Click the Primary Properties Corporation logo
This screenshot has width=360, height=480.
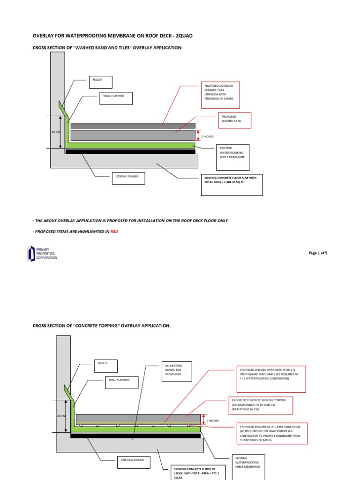[42, 254]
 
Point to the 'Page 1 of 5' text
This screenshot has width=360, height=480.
[318, 253]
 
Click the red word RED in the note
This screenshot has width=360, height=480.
[114, 232]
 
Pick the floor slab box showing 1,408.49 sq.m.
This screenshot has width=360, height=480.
[232, 185]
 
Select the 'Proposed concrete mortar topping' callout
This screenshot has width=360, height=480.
[260, 406]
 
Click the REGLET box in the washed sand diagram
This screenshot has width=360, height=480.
[102, 83]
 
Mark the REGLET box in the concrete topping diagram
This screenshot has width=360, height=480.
[106, 366]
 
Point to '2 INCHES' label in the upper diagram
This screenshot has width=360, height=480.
[208, 136]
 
